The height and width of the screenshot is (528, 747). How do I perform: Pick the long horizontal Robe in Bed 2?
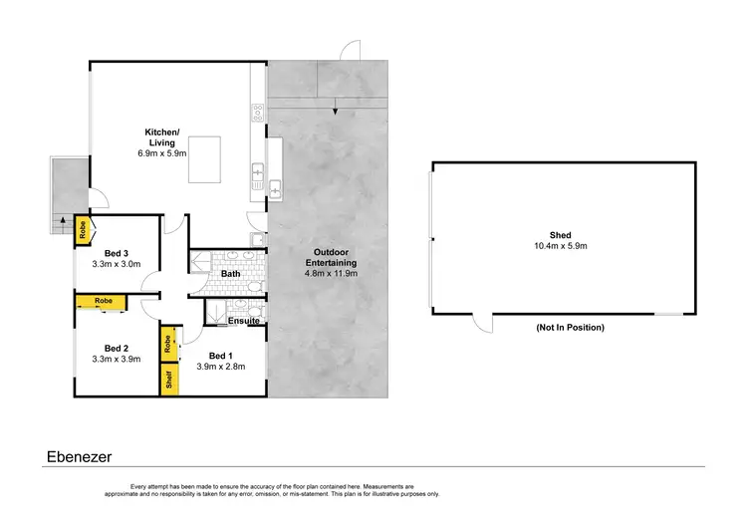pyautogui.click(x=104, y=300)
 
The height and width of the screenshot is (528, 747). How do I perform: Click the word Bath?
pyautogui.click(x=230, y=273)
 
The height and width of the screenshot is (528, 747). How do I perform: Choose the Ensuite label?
pyautogui.click(x=244, y=321)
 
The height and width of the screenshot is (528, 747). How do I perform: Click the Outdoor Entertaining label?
pyautogui.click(x=330, y=256)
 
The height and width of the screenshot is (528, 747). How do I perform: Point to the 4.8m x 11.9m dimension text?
pyautogui.click(x=330, y=272)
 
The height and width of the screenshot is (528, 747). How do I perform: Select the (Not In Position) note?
pyautogui.click(x=570, y=327)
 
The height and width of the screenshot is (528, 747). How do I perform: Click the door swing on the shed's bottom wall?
pyautogui.click(x=481, y=323)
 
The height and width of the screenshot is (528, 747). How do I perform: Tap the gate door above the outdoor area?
pyautogui.click(x=350, y=50)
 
